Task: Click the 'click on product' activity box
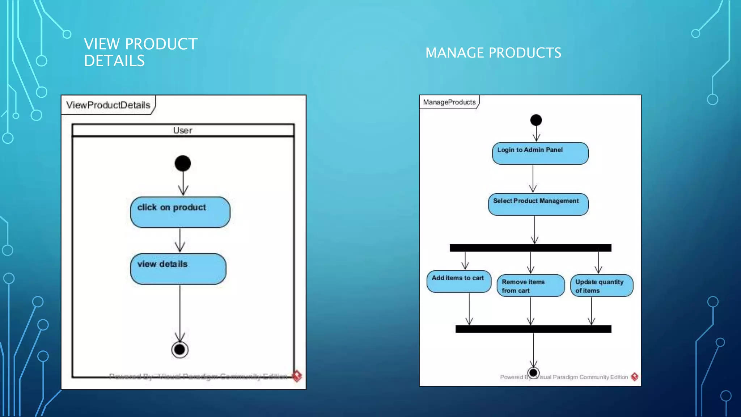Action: click(x=180, y=212)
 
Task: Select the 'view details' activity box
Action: click(x=178, y=269)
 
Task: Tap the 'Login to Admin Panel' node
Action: click(x=540, y=153)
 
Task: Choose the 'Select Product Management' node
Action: click(x=538, y=204)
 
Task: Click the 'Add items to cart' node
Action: click(x=458, y=281)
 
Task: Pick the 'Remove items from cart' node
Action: click(x=530, y=286)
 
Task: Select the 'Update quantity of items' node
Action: click(x=601, y=286)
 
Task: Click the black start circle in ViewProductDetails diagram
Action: click(x=183, y=163)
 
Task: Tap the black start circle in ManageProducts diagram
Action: click(x=536, y=120)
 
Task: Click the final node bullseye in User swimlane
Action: click(x=180, y=350)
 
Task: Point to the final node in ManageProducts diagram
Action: click(x=533, y=372)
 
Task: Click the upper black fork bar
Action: click(x=530, y=248)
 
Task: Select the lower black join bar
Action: click(x=533, y=329)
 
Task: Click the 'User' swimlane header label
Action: click(x=183, y=130)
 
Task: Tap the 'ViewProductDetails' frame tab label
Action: click(x=108, y=105)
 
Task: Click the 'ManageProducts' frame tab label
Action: click(x=449, y=102)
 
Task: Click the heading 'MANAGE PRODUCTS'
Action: click(x=493, y=53)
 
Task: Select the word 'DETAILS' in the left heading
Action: click(x=114, y=61)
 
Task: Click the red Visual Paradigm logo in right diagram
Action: click(x=634, y=377)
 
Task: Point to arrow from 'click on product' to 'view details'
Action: click(x=180, y=240)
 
